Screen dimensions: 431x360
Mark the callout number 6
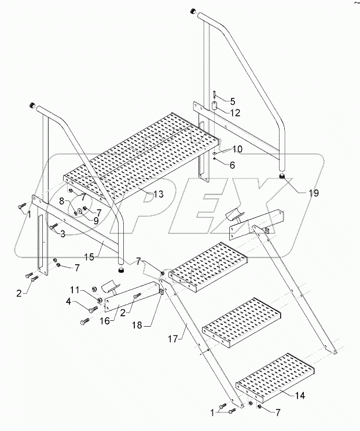coord(232,165)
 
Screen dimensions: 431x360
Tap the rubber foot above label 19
coord(282,176)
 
